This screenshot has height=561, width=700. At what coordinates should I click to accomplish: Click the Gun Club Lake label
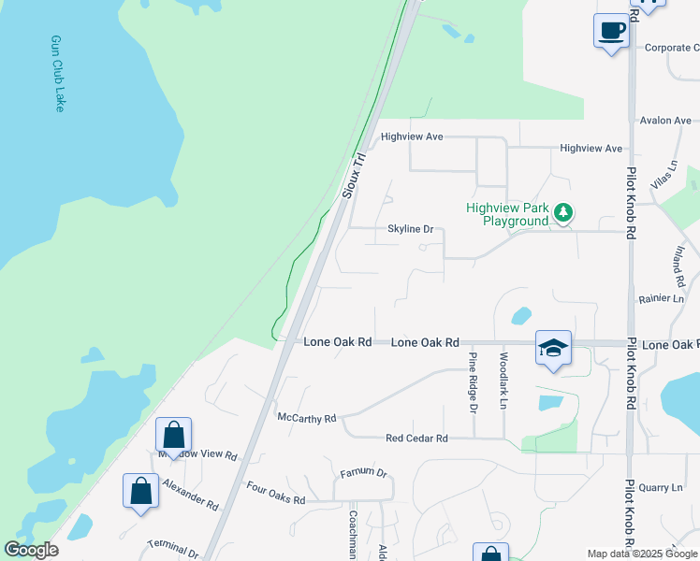[x=57, y=74]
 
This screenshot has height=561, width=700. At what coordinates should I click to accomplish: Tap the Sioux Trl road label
[x=357, y=175]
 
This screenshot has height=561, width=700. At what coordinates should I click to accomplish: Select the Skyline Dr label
[x=411, y=229]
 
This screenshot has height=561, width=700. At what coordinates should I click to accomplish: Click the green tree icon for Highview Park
[x=562, y=213]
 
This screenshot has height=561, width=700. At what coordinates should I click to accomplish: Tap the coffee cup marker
[x=611, y=31]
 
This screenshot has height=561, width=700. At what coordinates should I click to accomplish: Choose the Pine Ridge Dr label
[x=474, y=381]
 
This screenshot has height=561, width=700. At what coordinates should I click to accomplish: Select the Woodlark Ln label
[x=503, y=381]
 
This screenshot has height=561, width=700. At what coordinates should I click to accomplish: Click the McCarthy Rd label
[x=306, y=418]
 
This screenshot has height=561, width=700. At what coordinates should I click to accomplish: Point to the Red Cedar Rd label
[x=416, y=438]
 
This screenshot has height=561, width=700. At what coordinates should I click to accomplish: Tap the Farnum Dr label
[x=363, y=473]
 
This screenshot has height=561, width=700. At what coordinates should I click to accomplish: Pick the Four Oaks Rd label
[x=275, y=494]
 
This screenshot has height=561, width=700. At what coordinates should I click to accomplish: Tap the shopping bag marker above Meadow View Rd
[x=174, y=435]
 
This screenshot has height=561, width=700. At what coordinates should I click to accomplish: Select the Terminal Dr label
[x=174, y=549]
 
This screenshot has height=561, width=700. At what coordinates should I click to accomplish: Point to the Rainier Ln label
[x=664, y=298]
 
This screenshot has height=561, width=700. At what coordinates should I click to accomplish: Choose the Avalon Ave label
[x=665, y=121]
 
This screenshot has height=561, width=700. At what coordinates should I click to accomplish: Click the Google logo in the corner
[x=32, y=550]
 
